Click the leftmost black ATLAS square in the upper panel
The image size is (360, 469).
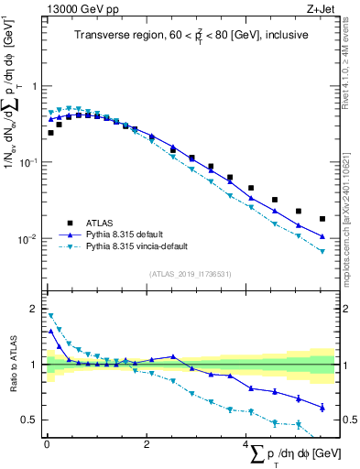[x=50, y=133]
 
